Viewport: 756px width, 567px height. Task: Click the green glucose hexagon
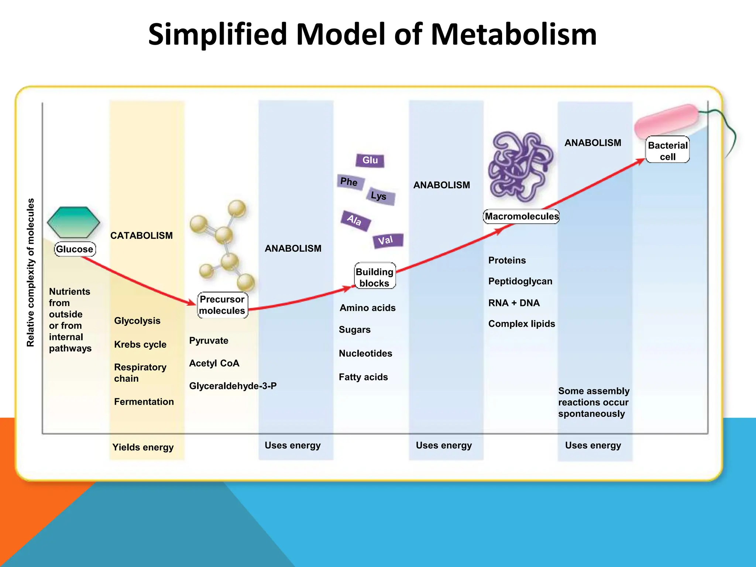point(73,222)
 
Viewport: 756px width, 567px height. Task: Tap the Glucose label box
point(75,249)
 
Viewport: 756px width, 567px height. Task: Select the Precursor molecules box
point(223,305)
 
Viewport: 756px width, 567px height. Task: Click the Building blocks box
point(375,277)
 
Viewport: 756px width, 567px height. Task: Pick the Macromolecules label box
point(521,216)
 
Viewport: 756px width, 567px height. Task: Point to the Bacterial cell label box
point(667,151)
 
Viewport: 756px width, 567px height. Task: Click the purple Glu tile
point(370,160)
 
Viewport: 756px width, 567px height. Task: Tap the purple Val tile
point(387,241)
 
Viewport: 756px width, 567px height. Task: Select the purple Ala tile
point(355,220)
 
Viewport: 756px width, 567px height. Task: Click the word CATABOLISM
point(141,236)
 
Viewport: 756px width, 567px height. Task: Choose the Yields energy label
point(143,447)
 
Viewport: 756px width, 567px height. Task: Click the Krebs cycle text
point(140,344)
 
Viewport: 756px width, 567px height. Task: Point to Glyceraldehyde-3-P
point(233,386)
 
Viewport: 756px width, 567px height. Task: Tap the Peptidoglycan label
point(520,281)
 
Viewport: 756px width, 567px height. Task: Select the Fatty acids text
point(363,377)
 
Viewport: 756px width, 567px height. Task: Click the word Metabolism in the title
point(513,34)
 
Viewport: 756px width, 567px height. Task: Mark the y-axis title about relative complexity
point(31,272)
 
